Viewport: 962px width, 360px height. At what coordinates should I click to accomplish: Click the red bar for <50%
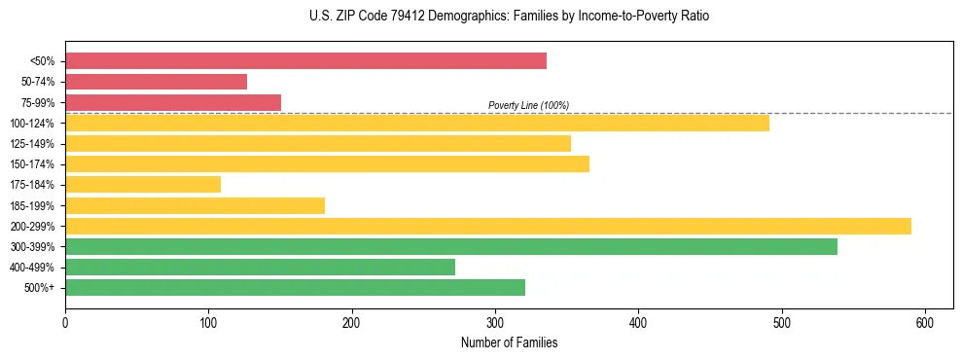click(x=305, y=61)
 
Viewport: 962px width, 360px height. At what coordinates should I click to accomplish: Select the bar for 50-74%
click(x=156, y=82)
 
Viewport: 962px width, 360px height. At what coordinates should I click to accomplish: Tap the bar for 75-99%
click(x=173, y=102)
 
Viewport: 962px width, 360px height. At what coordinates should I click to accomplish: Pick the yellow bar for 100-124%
click(x=417, y=123)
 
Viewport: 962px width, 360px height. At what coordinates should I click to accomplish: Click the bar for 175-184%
click(x=143, y=184)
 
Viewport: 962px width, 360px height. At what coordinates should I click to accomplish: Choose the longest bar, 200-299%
click(x=488, y=226)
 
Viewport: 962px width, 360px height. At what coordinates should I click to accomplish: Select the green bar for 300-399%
click(x=451, y=246)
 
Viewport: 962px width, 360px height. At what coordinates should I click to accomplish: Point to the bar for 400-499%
click(x=260, y=267)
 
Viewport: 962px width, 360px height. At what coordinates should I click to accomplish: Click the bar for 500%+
click(x=295, y=287)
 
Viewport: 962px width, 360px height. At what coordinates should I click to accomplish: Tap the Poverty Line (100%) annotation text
click(x=528, y=105)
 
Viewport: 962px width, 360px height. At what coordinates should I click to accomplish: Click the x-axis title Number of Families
click(x=509, y=343)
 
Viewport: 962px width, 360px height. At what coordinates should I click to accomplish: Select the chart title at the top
click(x=509, y=17)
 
